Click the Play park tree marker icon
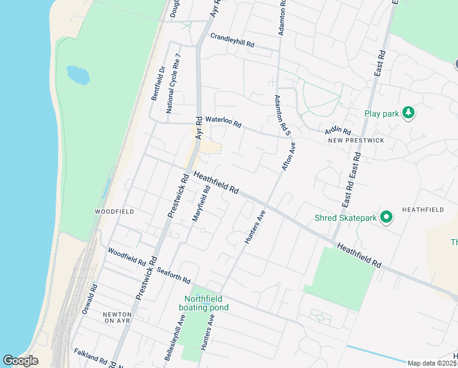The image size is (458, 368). [408, 113]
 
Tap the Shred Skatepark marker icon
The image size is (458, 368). [386, 217]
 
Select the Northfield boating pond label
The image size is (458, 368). [204, 303]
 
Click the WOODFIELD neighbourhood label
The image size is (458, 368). [114, 211]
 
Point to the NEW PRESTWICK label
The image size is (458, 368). [356, 140]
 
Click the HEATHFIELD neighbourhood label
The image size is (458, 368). [422, 210]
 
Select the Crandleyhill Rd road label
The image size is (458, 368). [232, 41]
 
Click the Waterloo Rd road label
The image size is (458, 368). [223, 122]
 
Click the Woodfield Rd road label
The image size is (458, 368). [127, 258]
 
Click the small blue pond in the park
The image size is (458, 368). [78, 75]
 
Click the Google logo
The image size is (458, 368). [21, 361]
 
